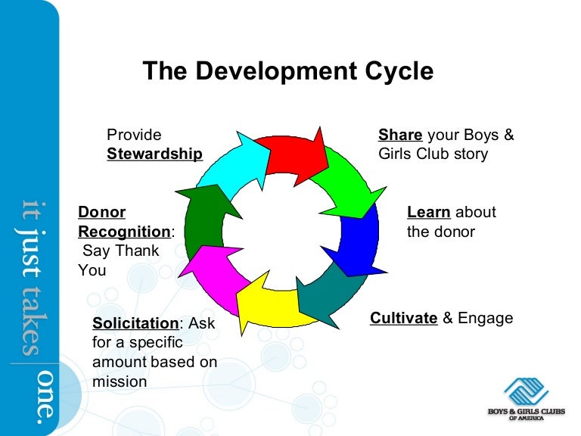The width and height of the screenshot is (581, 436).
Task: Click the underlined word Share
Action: tap(400, 135)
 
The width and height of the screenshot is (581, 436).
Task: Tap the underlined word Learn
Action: tap(429, 213)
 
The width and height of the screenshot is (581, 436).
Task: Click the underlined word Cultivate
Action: tap(404, 318)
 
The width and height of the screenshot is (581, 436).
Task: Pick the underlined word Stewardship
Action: tap(155, 154)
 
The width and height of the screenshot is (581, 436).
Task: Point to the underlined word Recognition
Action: tap(125, 232)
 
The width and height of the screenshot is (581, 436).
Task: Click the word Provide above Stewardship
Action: tap(134, 135)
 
